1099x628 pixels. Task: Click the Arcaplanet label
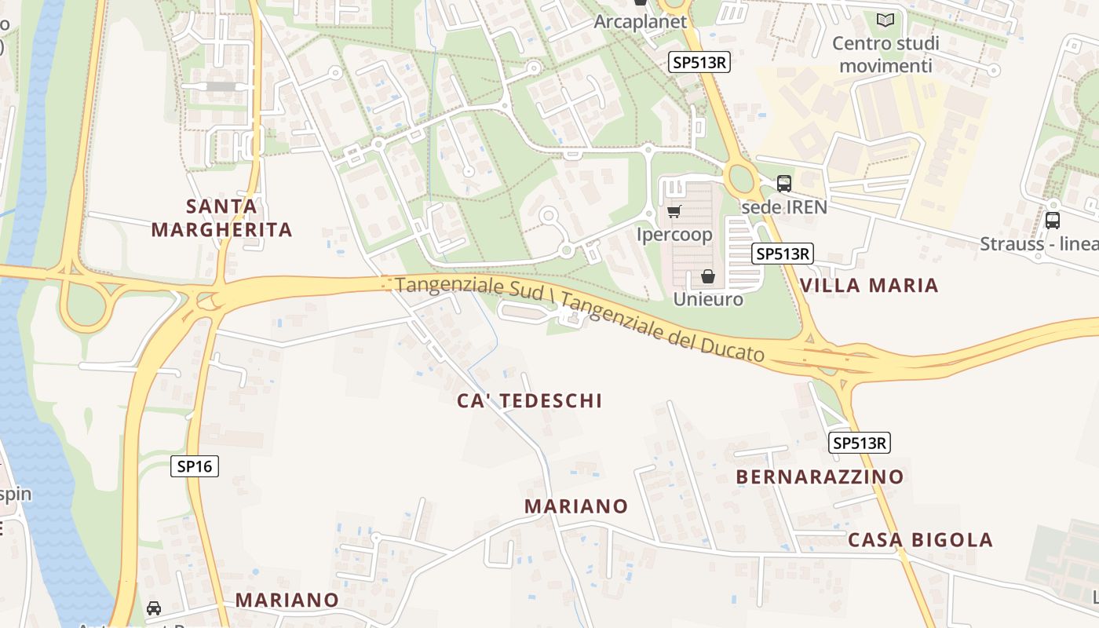pos(640,22)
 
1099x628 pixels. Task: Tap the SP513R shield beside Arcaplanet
pos(699,63)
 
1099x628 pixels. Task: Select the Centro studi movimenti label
pos(885,54)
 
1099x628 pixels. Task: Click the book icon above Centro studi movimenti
pos(885,20)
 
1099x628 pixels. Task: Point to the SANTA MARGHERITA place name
pos(221,218)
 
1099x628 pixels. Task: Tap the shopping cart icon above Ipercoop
pos(674,211)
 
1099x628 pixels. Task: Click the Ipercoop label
pos(674,235)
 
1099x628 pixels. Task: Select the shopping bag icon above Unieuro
pos(707,276)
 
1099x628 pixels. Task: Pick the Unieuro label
pos(707,299)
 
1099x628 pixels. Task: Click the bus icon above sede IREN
pos(783,184)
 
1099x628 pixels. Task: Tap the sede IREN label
pos(784,206)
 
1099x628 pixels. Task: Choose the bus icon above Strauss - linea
pos(1053,221)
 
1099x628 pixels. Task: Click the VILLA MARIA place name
pos(869,285)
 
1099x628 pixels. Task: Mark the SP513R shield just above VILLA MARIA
pos(782,254)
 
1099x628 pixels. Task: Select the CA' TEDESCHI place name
pos(530,400)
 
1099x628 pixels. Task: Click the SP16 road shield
pos(195,466)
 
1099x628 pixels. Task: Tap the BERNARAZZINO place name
pos(820,476)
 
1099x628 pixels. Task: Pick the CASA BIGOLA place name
pos(920,540)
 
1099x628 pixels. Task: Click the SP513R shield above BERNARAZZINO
pos(859,443)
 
